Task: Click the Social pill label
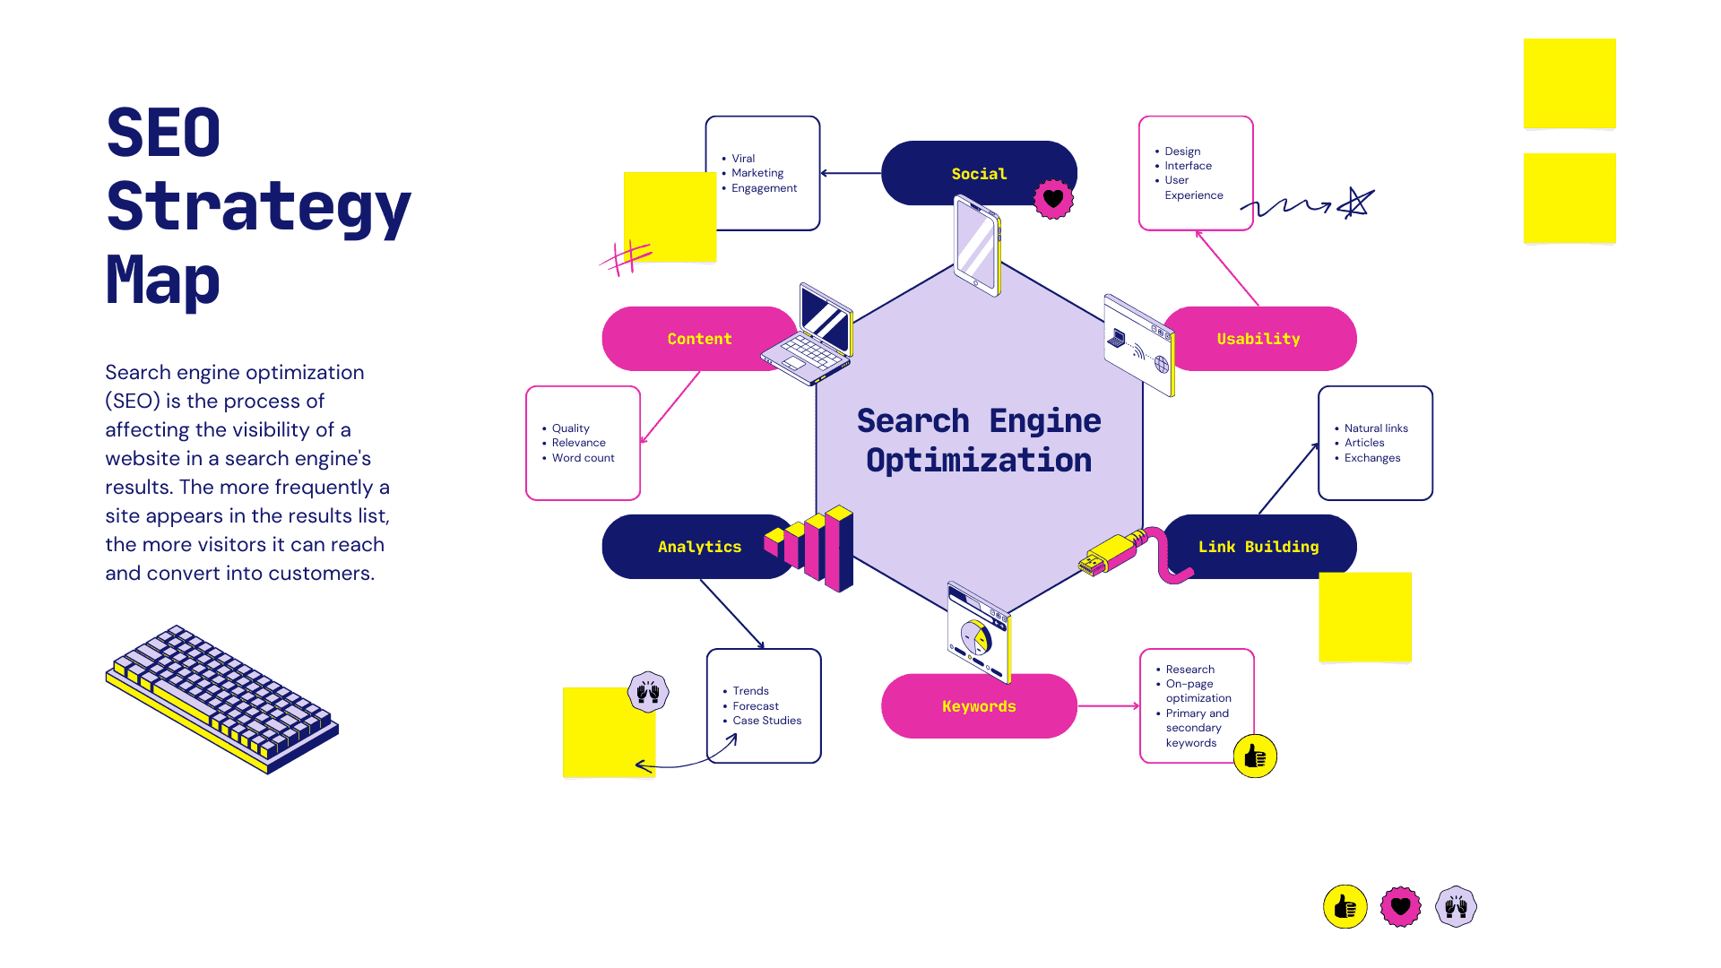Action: pyautogui.click(x=978, y=174)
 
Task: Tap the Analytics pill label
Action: pyautogui.click(x=699, y=547)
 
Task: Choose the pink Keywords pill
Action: pyautogui.click(x=978, y=706)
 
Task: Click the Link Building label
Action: pyautogui.click(x=1258, y=547)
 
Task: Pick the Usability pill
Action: pyautogui.click(x=1258, y=339)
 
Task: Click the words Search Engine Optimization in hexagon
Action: pyautogui.click(x=978, y=440)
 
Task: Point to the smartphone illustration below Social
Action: pyautogui.click(x=976, y=246)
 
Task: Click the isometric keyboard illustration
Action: pyautogui.click(x=221, y=699)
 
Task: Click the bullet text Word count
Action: pyautogui.click(x=583, y=458)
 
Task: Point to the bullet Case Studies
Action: pyautogui.click(x=766, y=721)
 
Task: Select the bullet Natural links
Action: pyautogui.click(x=1375, y=428)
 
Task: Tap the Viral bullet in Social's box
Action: pyautogui.click(x=742, y=159)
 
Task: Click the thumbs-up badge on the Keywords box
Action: pyautogui.click(x=1254, y=756)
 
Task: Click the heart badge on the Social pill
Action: pyautogui.click(x=1053, y=199)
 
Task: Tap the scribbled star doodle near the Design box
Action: pyautogui.click(x=1355, y=203)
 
